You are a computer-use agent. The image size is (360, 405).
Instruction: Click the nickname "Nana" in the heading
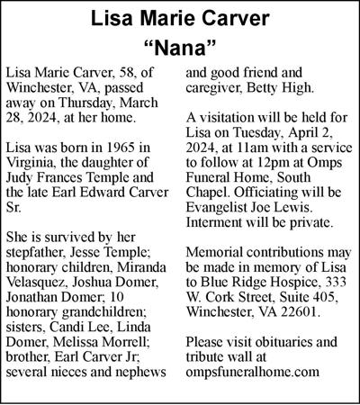coord(180,46)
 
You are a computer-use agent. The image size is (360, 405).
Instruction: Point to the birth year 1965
coord(124,147)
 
